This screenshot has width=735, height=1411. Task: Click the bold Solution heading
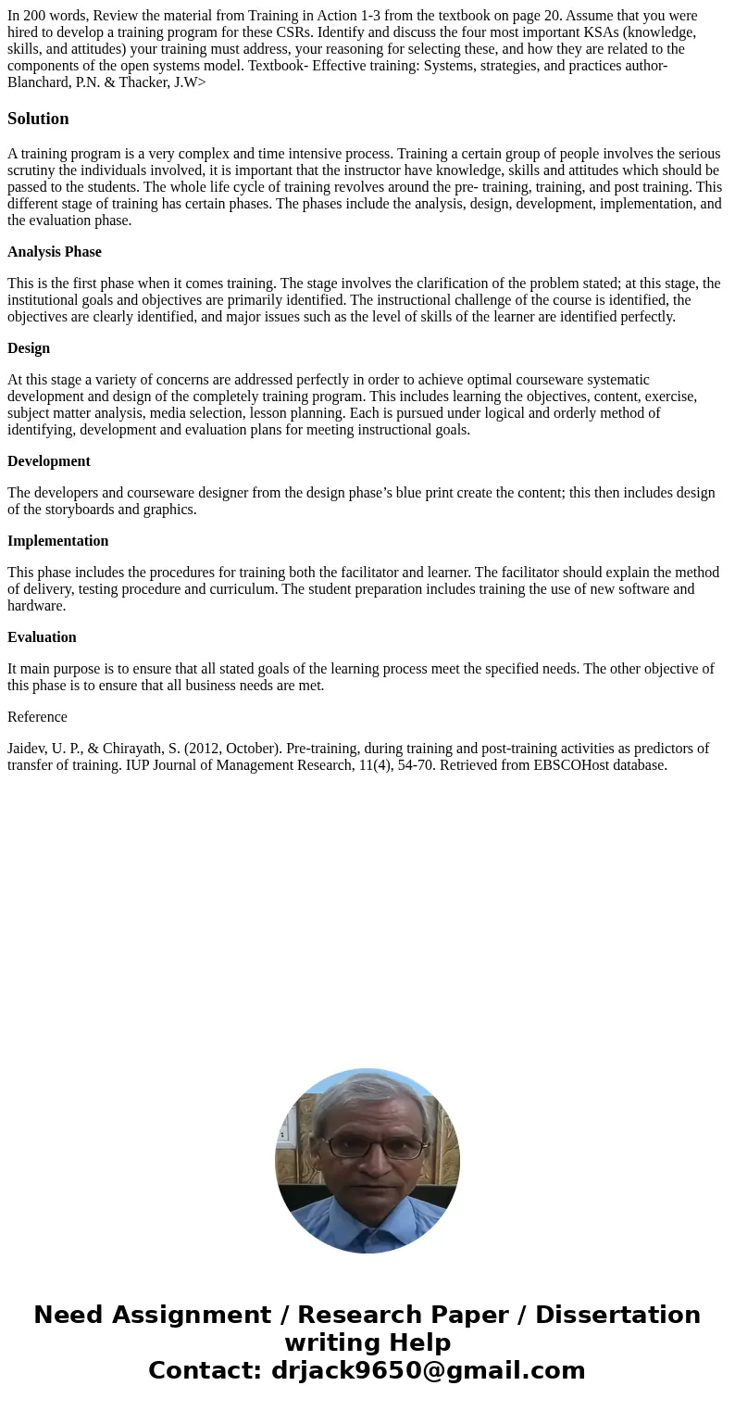[38, 119]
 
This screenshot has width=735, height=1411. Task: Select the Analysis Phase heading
[55, 252]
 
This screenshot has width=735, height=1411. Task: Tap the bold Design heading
[29, 348]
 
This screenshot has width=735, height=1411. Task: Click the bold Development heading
[49, 461]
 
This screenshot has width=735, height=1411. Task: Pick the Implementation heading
[58, 541]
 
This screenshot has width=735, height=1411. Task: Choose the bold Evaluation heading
[42, 637]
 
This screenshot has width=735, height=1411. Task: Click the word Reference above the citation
[37, 717]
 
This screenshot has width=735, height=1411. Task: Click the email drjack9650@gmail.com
[428, 1370]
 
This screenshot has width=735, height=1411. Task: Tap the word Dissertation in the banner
[617, 1315]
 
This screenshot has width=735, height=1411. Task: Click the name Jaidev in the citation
[28, 749]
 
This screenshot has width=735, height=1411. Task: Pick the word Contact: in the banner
[206, 1370]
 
